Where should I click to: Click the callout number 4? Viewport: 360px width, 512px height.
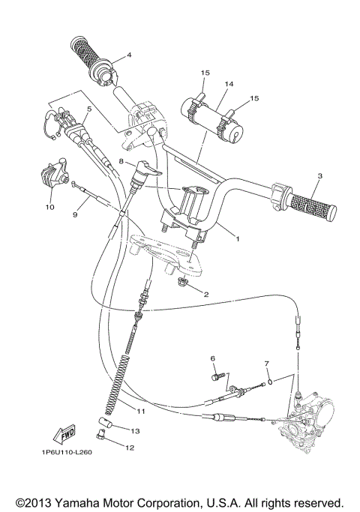coord(128,55)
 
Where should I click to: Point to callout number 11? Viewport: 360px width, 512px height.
coord(140,411)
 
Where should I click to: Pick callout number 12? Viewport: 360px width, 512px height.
coord(130,448)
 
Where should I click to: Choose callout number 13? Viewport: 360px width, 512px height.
coord(136,431)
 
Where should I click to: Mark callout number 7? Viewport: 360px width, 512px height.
coord(266,364)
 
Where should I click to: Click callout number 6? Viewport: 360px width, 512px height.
coord(212,359)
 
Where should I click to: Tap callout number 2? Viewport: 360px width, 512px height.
coord(206,295)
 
